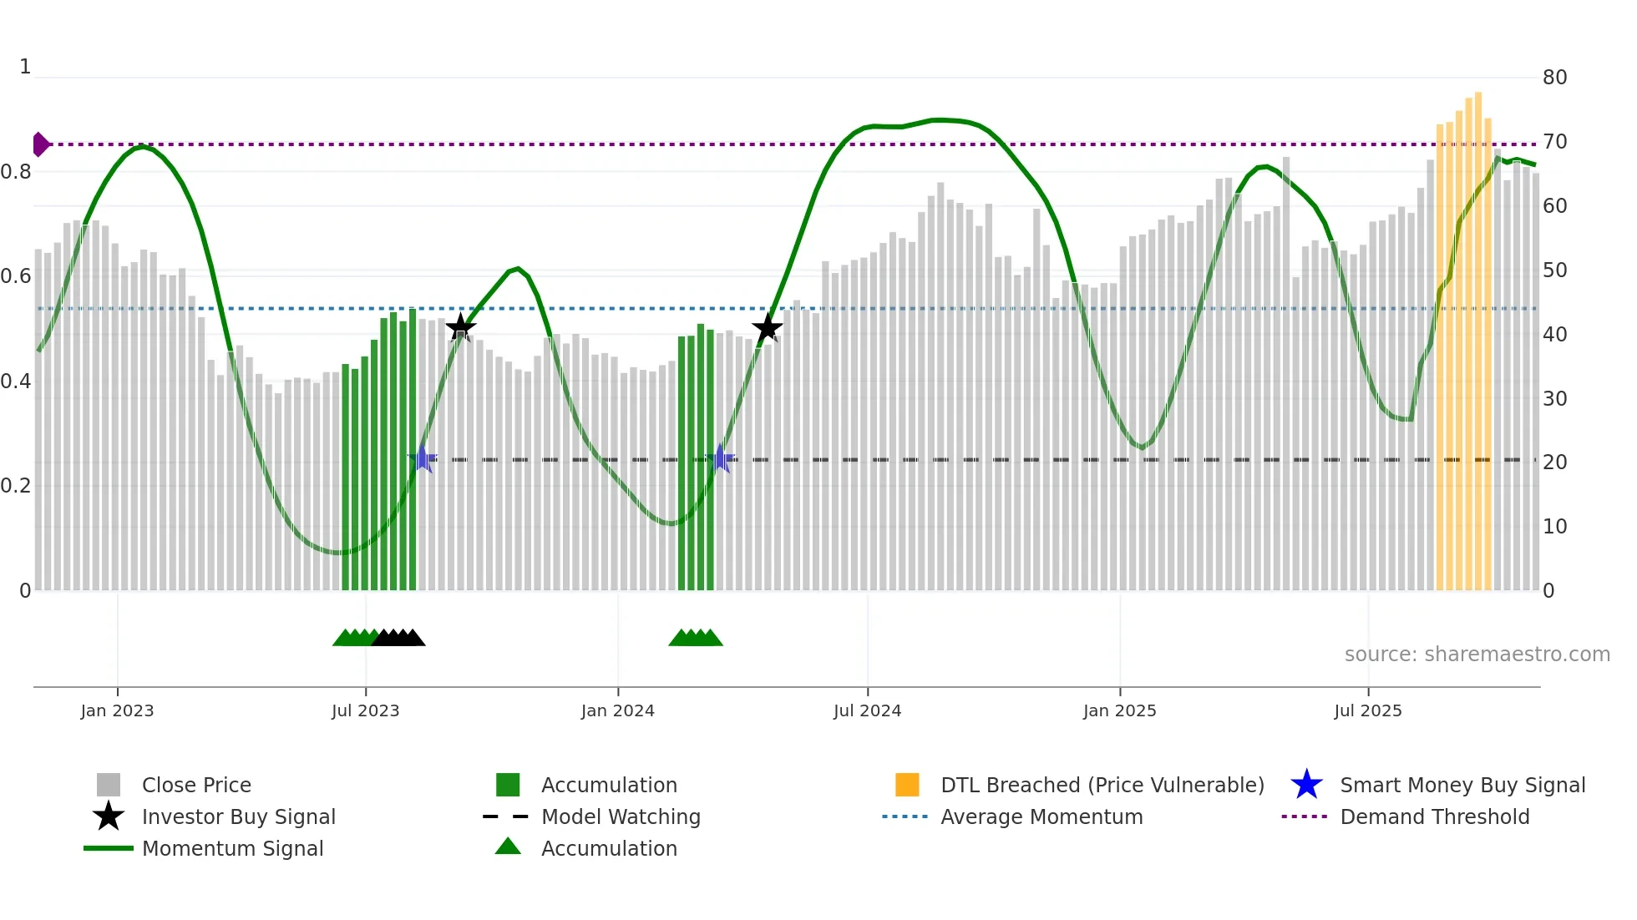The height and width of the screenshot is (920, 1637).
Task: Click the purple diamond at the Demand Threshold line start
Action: coord(40,144)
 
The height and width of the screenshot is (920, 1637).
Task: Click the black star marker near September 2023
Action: coord(460,327)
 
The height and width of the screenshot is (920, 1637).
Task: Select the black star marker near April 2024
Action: coord(767,327)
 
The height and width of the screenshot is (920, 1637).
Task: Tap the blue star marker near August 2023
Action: coord(423,458)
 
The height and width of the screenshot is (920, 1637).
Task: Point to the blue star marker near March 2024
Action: coord(720,458)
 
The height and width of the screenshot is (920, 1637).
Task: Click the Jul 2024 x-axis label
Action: coord(867,710)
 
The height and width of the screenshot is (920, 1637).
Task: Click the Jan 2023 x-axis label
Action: coord(117,710)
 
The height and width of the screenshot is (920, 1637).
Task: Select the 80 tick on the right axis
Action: coord(1554,78)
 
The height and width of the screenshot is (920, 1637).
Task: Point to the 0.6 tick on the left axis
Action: coord(16,276)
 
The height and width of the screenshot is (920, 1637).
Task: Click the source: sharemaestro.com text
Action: coord(1477,654)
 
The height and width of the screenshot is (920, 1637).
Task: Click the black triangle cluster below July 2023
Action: coord(398,638)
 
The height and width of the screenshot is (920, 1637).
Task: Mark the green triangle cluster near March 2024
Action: coord(696,638)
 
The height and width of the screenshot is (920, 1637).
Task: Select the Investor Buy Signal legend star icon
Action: coord(109,816)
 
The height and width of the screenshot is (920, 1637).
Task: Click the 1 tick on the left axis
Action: coord(25,67)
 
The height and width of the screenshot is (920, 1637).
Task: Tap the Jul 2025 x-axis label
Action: coord(1367,710)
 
